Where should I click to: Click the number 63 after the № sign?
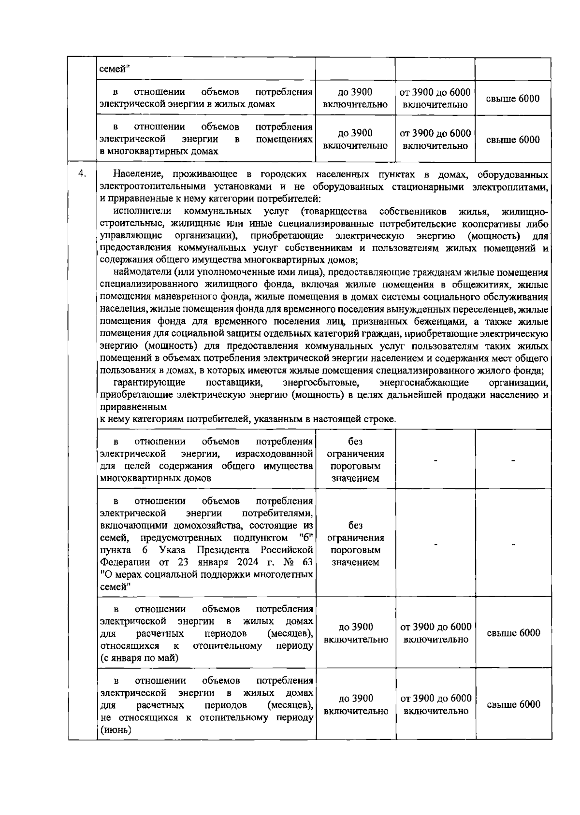(x=306, y=563)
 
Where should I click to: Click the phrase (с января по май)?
(x=139, y=658)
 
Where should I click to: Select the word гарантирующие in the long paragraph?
(x=149, y=383)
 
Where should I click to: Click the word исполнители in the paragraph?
(x=142, y=212)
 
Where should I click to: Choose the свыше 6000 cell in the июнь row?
(x=513, y=705)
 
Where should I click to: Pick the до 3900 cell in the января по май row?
(x=356, y=633)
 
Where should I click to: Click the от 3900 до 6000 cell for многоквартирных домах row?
(x=435, y=140)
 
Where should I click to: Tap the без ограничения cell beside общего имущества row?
(x=355, y=460)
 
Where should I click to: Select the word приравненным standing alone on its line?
(x=133, y=408)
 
